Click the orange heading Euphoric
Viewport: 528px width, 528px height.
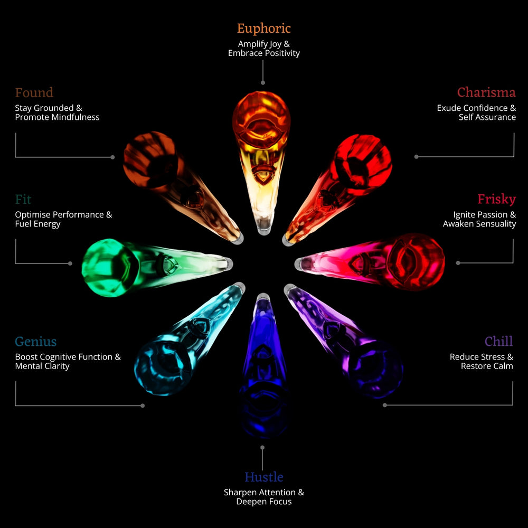click(263, 29)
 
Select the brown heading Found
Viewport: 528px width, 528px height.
click(34, 92)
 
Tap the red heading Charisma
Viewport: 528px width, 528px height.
click(486, 92)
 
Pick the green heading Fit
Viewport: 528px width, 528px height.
click(23, 200)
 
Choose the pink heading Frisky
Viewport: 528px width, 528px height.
click(497, 199)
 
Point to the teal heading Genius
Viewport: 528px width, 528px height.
click(36, 342)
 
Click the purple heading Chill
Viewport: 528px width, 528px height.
click(499, 341)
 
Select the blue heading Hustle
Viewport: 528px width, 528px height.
click(264, 477)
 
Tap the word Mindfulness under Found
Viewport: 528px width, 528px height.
click(74, 117)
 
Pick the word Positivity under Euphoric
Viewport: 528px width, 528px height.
click(282, 53)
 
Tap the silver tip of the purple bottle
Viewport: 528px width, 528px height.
click(289, 289)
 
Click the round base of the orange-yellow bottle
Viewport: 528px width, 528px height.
click(261, 120)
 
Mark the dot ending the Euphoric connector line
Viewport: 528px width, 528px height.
click(263, 83)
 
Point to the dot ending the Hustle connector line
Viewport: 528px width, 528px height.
click(262, 448)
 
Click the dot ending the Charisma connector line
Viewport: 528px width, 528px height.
click(416, 157)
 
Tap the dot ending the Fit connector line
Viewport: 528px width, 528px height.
click(70, 263)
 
